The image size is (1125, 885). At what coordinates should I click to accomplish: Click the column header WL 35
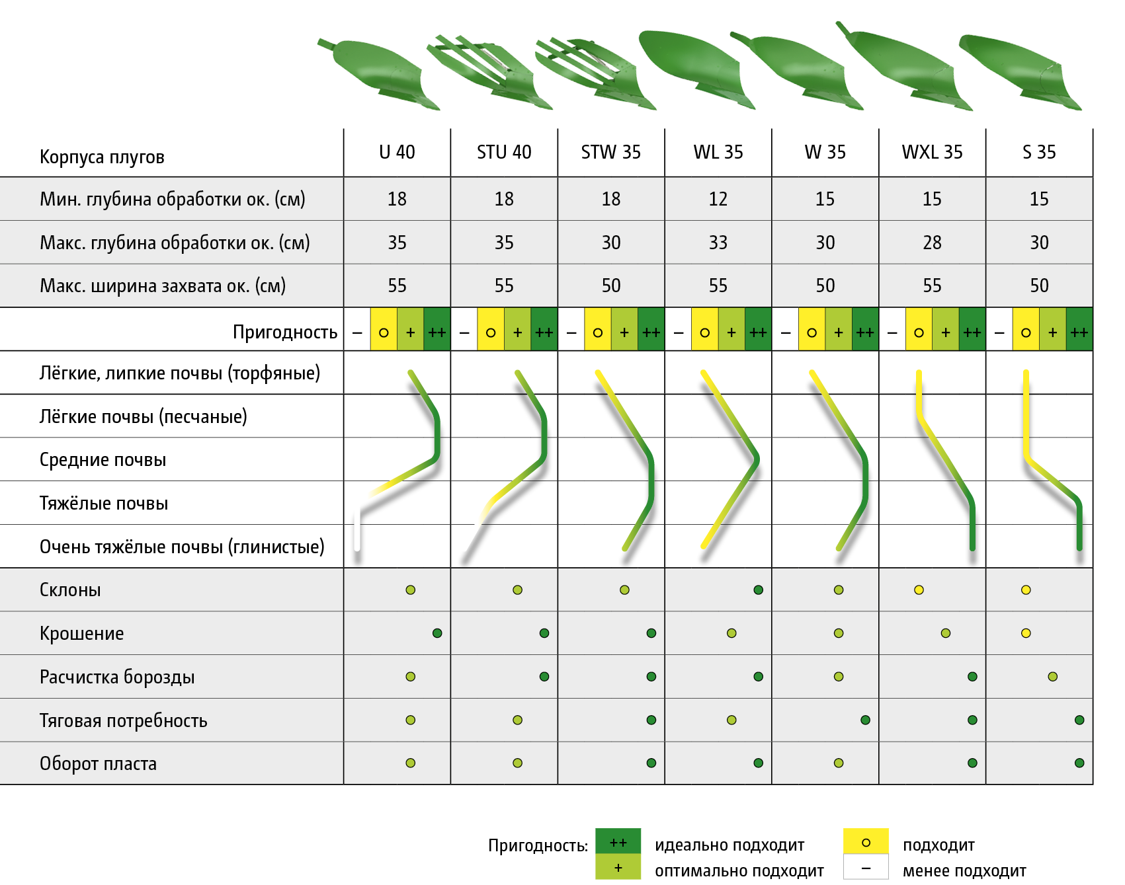(718, 153)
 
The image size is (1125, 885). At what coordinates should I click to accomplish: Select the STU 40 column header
(504, 153)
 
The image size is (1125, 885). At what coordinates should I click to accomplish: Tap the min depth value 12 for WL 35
(718, 199)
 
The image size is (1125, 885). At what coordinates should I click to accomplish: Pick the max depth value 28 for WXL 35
(932, 243)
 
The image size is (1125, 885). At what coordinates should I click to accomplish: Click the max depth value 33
(718, 243)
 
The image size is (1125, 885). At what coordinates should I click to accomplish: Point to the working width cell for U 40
(397, 286)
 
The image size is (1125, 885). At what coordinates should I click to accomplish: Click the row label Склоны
(70, 590)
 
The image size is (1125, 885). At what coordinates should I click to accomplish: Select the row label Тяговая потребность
(123, 720)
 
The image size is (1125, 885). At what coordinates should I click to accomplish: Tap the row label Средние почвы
(103, 460)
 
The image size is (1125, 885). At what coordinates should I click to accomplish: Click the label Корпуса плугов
(102, 157)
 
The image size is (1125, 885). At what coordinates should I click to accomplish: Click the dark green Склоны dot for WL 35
(758, 590)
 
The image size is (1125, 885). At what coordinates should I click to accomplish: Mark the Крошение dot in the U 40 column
(437, 633)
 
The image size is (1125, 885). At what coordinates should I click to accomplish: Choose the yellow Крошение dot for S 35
(1026, 633)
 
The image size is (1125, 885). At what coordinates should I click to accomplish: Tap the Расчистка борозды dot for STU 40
(544, 677)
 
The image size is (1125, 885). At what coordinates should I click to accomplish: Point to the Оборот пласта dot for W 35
(839, 763)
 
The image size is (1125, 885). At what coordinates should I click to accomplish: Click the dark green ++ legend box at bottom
(618, 841)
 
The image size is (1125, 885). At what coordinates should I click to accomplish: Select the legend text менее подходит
(964, 871)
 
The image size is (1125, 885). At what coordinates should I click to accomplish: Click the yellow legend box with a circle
(866, 842)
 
